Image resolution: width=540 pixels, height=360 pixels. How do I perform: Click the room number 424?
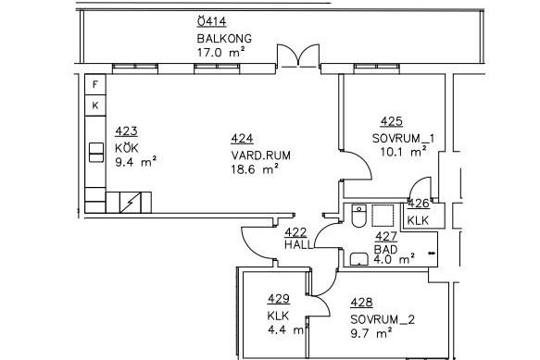(242, 139)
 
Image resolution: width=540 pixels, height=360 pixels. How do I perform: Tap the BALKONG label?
(224, 38)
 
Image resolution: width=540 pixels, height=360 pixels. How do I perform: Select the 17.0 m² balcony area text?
(220, 53)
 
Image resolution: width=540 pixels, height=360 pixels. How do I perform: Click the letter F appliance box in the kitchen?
(95, 84)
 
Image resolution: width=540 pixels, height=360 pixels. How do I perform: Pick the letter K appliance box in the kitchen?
(95, 106)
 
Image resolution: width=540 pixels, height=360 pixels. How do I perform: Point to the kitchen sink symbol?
(96, 153)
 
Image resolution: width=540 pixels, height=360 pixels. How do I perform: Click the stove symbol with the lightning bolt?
(131, 203)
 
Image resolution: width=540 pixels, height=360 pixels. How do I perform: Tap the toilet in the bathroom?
(358, 216)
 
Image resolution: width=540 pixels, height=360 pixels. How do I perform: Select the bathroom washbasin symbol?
(359, 259)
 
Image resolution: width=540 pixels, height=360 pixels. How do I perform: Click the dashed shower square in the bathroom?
(383, 216)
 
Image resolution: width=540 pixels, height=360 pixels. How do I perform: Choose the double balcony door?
(298, 56)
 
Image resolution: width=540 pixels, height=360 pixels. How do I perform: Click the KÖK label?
(127, 148)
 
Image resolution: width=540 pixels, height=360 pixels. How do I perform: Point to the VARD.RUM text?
(260, 155)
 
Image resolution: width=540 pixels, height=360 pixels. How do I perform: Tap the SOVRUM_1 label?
(403, 139)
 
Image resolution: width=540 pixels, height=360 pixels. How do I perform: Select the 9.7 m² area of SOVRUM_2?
(371, 333)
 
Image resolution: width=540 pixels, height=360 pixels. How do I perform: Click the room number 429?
(278, 299)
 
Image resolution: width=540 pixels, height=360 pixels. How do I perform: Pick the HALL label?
(298, 244)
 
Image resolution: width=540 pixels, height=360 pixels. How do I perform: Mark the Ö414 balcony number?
(211, 21)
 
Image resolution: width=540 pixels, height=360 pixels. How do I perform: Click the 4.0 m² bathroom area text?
(394, 259)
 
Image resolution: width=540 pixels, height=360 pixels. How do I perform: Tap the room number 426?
(419, 204)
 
